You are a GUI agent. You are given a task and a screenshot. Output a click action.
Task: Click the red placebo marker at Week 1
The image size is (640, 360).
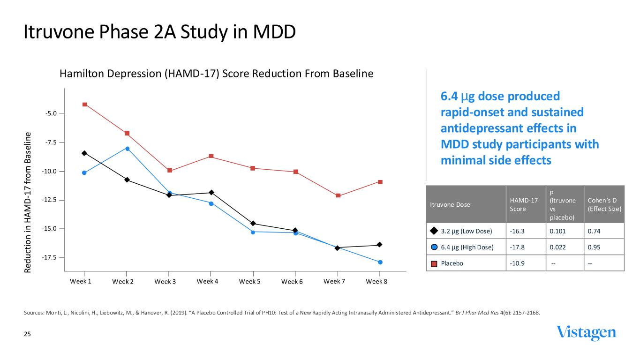tap(84, 104)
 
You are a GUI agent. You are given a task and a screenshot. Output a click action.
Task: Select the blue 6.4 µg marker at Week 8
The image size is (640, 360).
tap(380, 262)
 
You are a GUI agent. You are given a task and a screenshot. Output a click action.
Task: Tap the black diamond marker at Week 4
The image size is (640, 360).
tap(211, 192)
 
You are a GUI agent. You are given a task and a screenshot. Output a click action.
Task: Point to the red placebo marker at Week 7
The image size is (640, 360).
tap(338, 195)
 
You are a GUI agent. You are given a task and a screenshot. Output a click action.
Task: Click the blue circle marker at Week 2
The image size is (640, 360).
tap(127, 149)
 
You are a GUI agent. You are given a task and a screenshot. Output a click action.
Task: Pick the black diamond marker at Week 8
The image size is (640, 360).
tap(380, 245)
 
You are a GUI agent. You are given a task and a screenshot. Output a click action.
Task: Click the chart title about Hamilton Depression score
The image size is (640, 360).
tap(216, 74)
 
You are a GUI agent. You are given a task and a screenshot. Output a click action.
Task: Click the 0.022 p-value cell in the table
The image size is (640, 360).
tap(558, 247)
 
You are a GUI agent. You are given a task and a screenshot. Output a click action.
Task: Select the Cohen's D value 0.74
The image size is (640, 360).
tap(594, 231)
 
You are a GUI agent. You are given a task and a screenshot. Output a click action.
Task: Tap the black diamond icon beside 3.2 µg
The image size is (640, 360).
tap(434, 231)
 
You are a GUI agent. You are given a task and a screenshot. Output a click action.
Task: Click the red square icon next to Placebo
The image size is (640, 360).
tap(434, 263)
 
